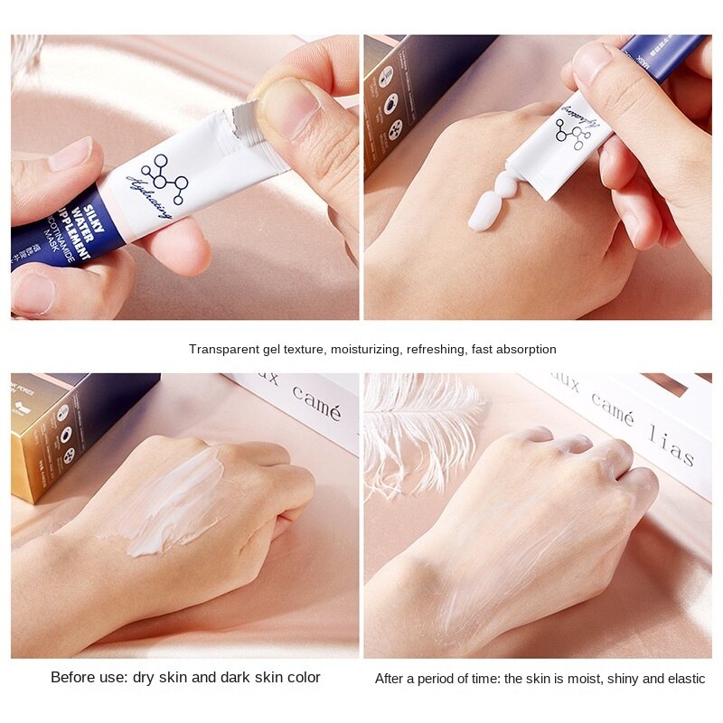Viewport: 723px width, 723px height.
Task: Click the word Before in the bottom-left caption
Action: pos(72,677)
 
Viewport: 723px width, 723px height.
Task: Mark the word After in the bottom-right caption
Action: pos(390,678)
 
